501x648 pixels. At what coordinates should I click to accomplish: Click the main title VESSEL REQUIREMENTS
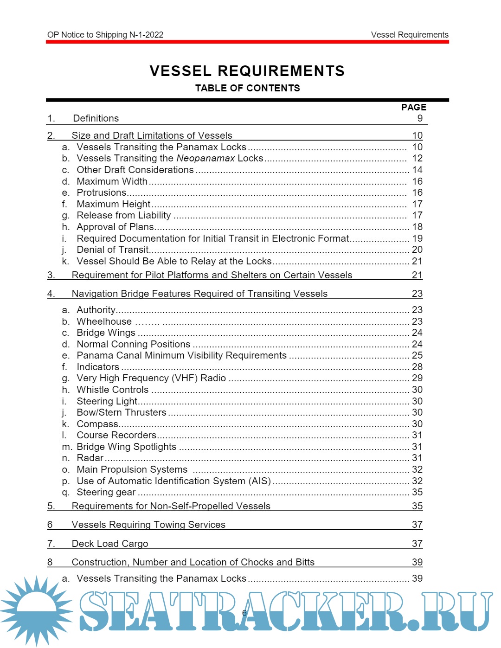pos(247,71)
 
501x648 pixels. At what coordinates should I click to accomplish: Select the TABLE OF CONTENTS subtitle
pos(247,88)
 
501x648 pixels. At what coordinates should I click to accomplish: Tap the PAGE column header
pos(413,107)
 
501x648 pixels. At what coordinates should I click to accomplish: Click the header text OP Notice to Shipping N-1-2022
pos(105,35)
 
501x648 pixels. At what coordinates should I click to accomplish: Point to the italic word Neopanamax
pos(206,158)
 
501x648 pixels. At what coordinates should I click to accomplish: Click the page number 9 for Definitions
pos(420,118)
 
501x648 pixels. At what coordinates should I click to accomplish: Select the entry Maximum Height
pos(114,204)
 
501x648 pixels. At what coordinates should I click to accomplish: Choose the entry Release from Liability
pos(124,215)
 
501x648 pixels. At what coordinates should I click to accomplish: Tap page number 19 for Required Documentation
pos(417,238)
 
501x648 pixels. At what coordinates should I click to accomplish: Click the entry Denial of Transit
pos(113,250)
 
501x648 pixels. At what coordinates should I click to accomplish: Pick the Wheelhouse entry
pos(104,321)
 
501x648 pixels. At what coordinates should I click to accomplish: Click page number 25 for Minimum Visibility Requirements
pos(417,355)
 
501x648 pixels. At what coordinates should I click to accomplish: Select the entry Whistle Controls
pos(113,390)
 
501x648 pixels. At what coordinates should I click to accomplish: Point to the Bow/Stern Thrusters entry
pos(122,412)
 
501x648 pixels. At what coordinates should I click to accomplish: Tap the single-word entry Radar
pos(90,458)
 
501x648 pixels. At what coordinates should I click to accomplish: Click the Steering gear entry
pos(106,492)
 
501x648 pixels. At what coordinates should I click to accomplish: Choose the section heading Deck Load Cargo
pos(110,544)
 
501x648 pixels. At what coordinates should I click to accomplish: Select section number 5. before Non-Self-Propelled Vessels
pos(51,506)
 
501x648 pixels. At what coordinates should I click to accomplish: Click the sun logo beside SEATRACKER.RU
pos(37,610)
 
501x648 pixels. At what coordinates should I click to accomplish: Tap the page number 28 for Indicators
pos(417,367)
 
